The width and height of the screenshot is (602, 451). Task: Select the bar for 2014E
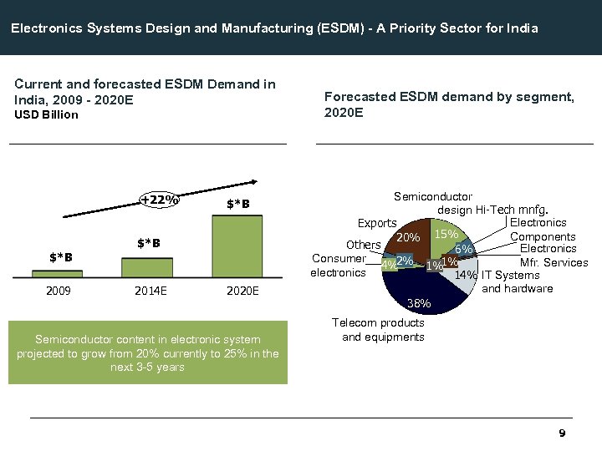tap(147, 266)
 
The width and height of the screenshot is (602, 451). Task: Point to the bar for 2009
tap(58, 273)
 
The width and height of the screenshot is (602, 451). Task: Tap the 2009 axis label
tap(58, 291)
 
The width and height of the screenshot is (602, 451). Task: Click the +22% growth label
tap(159, 200)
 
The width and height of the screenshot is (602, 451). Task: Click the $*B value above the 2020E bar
tap(238, 205)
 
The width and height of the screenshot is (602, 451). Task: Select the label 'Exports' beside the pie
tap(377, 223)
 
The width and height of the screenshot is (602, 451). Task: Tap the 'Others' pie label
tap(364, 245)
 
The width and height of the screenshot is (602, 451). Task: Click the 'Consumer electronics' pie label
tap(339, 266)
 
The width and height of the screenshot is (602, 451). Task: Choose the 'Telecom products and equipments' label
tap(379, 330)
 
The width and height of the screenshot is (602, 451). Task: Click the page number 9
tap(562, 433)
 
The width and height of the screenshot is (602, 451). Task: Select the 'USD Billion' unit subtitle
tap(47, 115)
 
